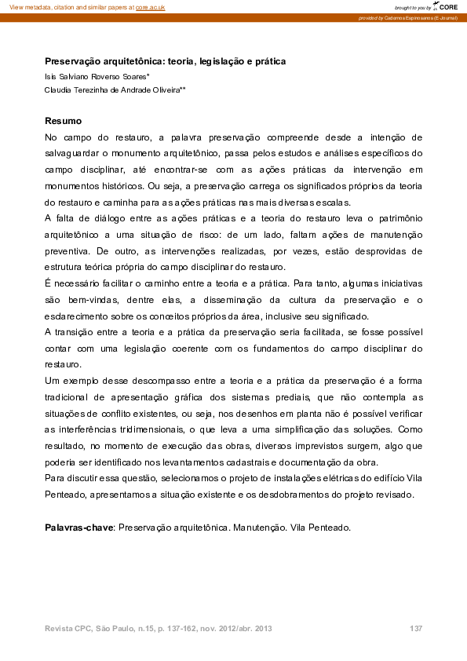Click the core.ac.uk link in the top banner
(150, 6)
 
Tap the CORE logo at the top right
(447, 6)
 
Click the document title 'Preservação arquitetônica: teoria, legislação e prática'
(165, 60)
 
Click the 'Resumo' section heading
(63, 121)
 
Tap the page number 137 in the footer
(416, 629)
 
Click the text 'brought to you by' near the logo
(413, 6)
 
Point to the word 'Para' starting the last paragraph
(55, 479)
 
